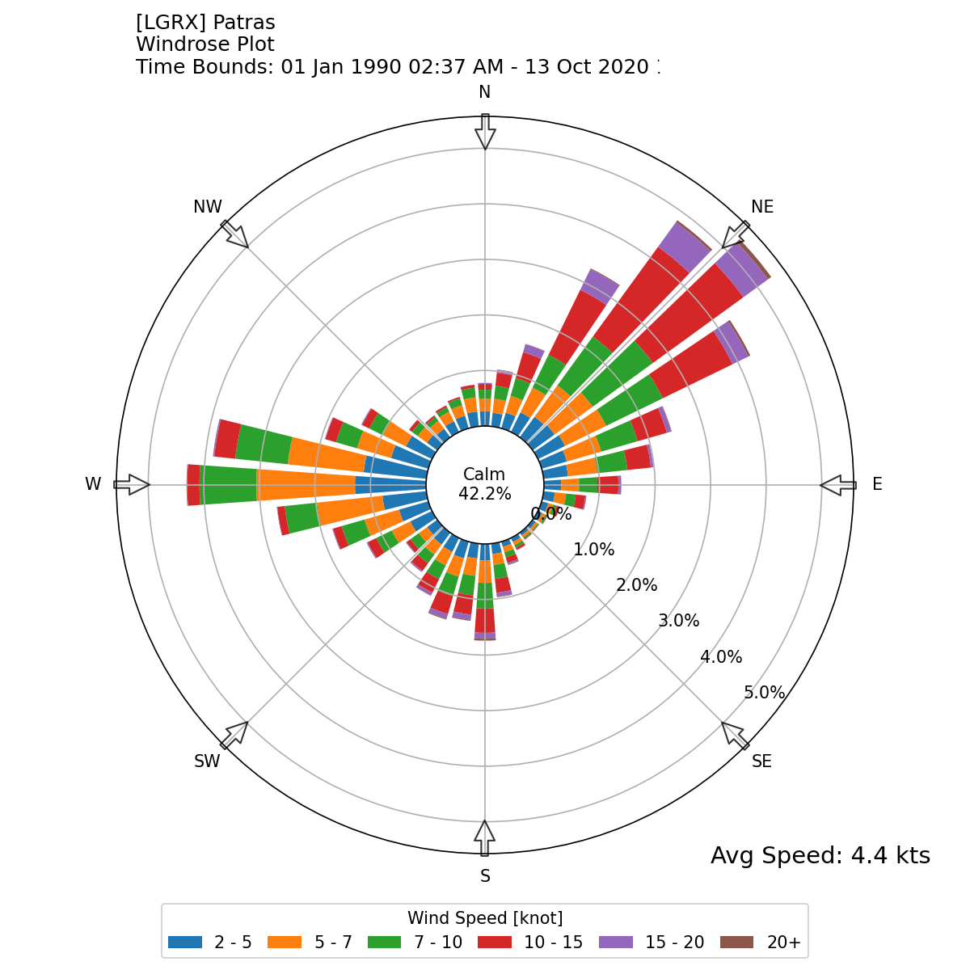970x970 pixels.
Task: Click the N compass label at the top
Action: tap(485, 92)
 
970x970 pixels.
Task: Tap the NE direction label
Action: tap(762, 207)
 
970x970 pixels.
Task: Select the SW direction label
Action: tap(207, 761)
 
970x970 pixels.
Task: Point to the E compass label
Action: tap(877, 484)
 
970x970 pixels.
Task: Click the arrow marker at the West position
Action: tap(132, 485)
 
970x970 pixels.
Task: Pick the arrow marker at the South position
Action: tap(485, 838)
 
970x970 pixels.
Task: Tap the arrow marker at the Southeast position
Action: tap(735, 735)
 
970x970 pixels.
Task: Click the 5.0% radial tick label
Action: tap(765, 693)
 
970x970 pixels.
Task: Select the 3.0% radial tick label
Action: tap(679, 621)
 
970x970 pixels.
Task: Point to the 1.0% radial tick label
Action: tap(594, 550)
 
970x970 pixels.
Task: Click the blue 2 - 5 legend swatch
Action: tap(185, 943)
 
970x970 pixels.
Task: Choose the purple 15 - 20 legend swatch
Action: tap(616, 943)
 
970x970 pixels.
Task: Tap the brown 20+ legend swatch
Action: tap(736, 943)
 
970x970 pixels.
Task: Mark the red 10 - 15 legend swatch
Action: tap(495, 943)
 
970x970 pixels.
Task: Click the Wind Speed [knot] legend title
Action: tap(485, 918)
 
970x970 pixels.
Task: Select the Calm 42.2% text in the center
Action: tap(485, 484)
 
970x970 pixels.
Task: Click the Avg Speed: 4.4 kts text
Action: tap(820, 856)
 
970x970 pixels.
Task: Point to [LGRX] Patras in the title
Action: tap(205, 23)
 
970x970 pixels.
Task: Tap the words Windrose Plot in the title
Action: tap(205, 44)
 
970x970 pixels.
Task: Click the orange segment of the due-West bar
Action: tap(307, 485)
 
